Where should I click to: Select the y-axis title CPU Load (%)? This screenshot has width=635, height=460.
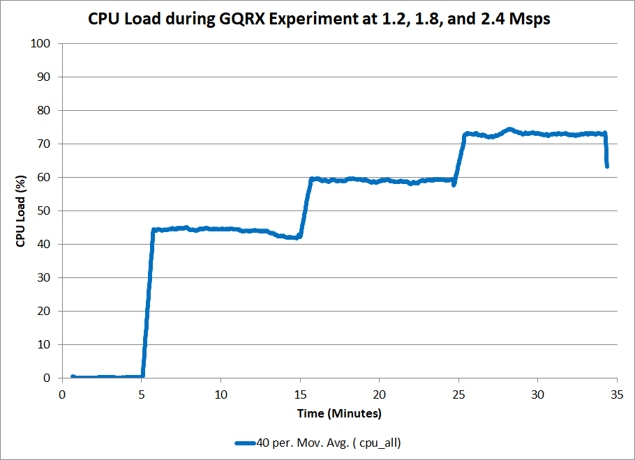click(22, 210)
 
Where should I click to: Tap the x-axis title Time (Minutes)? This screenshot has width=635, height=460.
click(339, 413)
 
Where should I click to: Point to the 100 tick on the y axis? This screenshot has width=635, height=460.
click(43, 43)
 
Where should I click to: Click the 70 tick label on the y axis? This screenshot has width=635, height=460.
click(45, 144)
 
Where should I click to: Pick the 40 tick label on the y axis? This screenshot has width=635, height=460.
click(45, 244)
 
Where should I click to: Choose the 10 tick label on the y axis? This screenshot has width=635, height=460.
click(45, 344)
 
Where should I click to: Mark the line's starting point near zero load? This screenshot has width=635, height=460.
click(73, 376)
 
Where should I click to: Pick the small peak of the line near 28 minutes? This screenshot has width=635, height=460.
click(509, 129)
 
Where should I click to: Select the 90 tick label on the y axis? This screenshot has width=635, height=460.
click(45, 77)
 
